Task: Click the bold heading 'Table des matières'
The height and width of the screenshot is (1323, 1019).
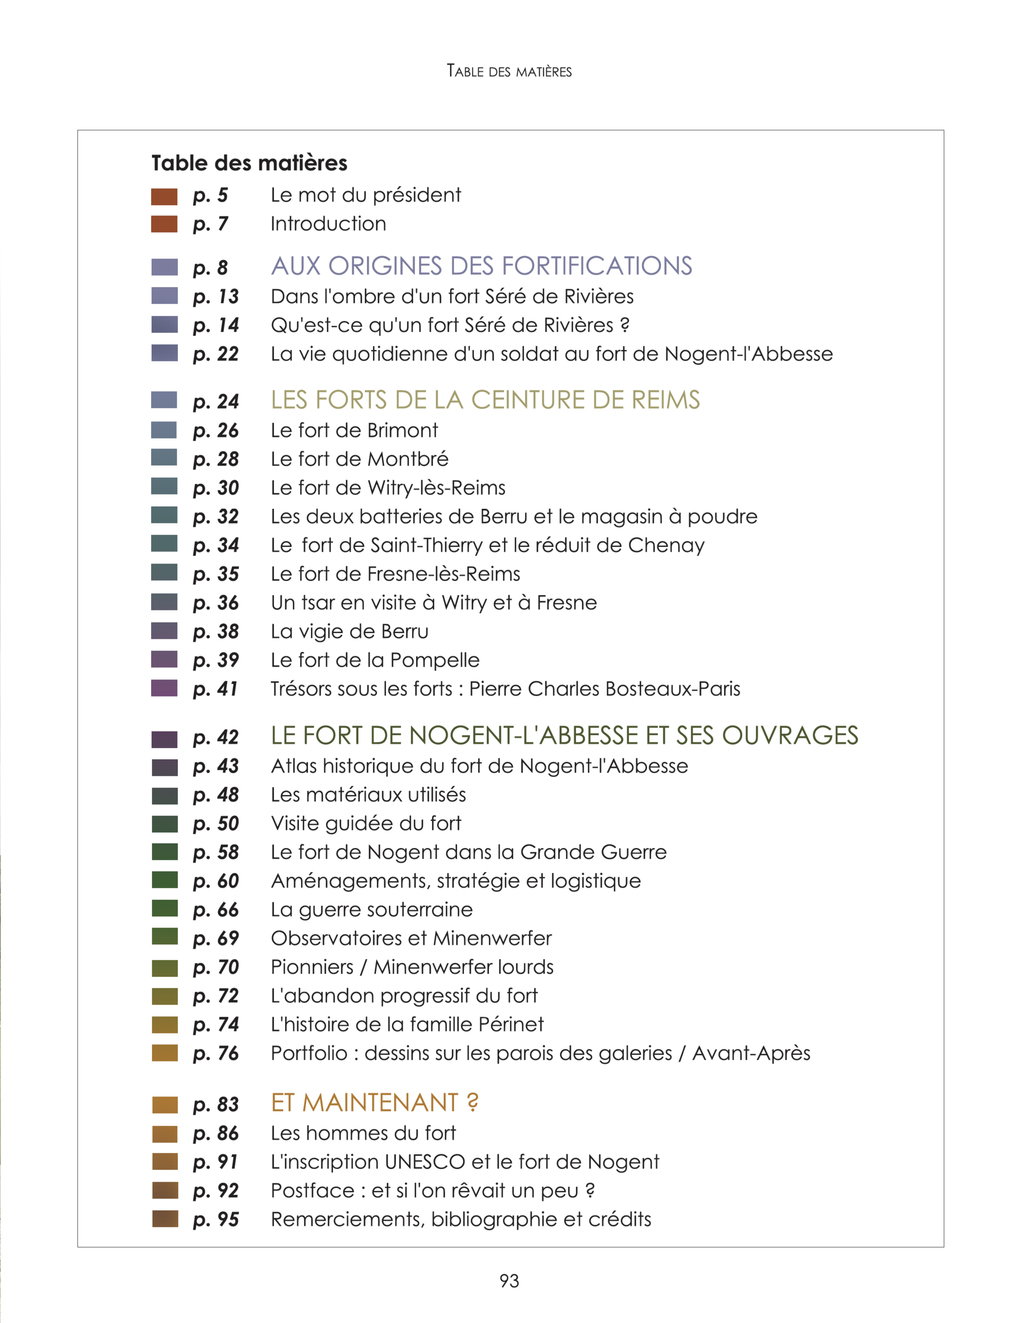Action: click(x=249, y=163)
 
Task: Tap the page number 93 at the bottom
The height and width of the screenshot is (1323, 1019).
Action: click(x=509, y=1281)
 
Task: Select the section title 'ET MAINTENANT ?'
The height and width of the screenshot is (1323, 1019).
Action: click(x=374, y=1102)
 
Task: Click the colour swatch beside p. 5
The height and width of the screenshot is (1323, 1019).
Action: click(x=164, y=196)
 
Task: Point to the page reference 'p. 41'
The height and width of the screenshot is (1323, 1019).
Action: click(x=215, y=689)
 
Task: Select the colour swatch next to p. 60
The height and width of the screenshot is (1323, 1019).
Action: click(x=165, y=880)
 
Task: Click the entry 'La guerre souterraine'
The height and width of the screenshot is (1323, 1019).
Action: click(x=371, y=909)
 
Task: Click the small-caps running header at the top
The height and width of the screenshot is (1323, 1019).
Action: click(x=509, y=71)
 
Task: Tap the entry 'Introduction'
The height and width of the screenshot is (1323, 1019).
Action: click(x=328, y=224)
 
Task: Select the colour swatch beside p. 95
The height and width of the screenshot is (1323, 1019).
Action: click(x=165, y=1218)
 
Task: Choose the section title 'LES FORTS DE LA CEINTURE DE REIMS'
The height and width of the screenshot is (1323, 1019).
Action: click(x=485, y=400)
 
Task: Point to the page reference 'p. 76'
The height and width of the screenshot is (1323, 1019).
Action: click(x=216, y=1053)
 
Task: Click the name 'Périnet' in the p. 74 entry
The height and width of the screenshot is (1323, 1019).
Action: click(x=511, y=1024)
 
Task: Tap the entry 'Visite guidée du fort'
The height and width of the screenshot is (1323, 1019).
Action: click(x=366, y=823)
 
